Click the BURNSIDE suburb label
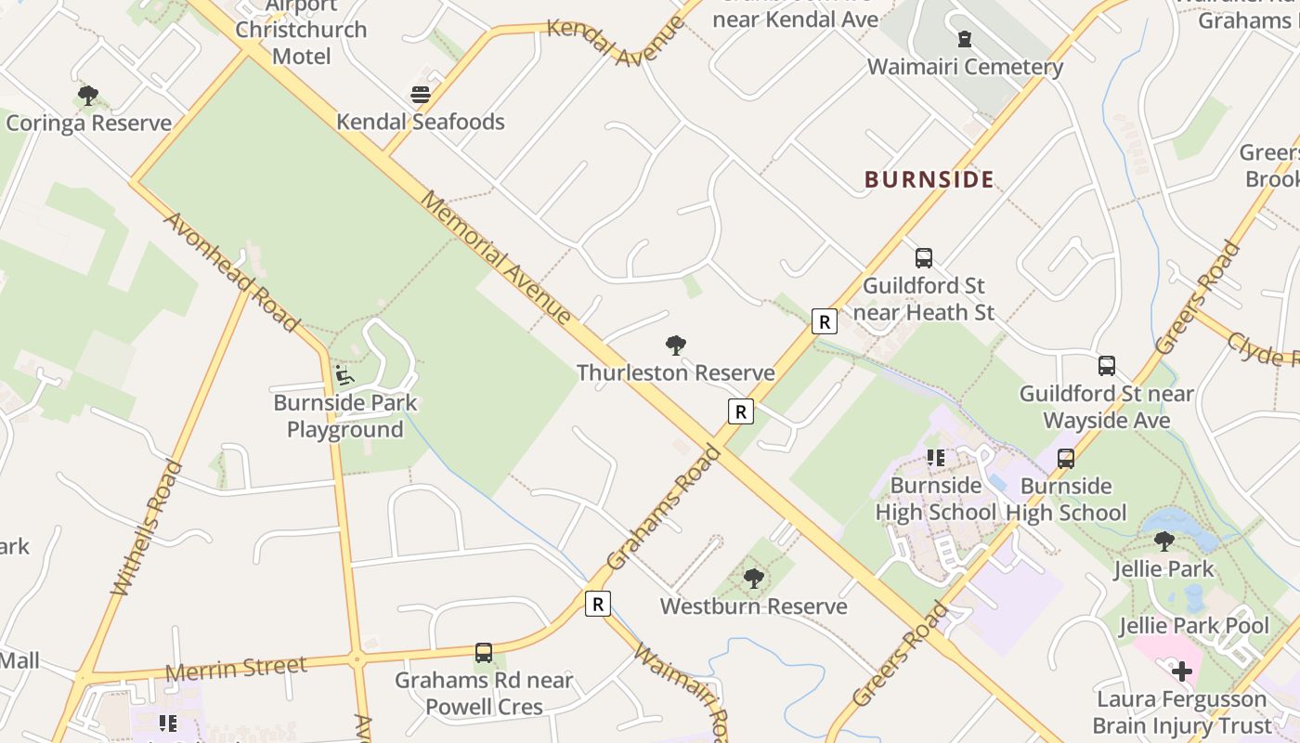point(929,179)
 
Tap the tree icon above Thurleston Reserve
point(676,346)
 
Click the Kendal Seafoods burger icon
point(421,95)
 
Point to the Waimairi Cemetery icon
point(965,40)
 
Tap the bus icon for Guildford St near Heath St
point(923,258)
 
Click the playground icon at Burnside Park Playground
point(344,375)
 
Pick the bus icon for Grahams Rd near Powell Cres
point(483,653)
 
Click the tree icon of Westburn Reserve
point(753,579)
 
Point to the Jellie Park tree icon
point(1163,541)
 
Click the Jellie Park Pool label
point(1193,626)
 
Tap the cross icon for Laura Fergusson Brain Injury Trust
point(1181,671)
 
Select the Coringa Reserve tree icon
point(88,95)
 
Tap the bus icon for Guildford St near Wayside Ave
point(1106,366)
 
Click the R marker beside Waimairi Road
point(598,604)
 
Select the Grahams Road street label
point(663,507)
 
